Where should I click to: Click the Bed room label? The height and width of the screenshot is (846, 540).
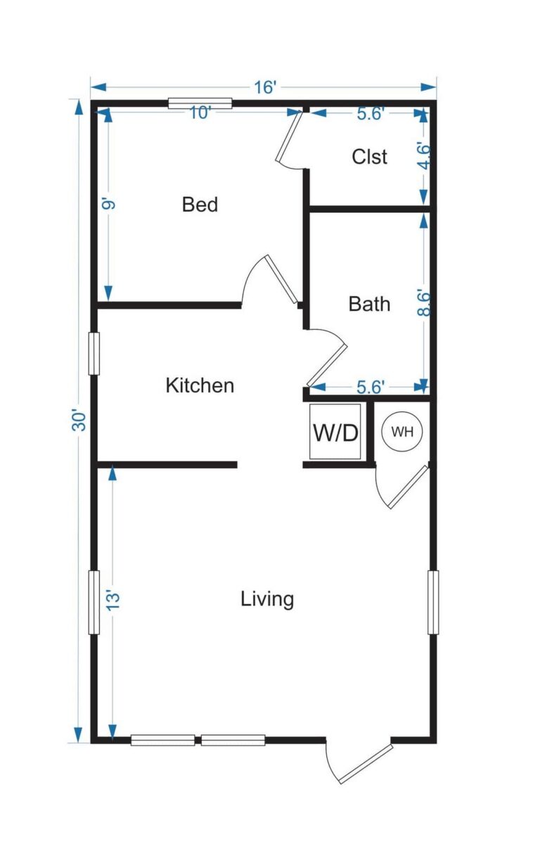coord(200,205)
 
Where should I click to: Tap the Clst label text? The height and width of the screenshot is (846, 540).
coord(369,157)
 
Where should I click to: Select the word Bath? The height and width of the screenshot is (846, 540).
coord(369,305)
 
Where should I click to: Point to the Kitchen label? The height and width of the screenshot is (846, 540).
coord(200,385)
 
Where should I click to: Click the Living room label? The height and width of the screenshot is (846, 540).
coord(267,600)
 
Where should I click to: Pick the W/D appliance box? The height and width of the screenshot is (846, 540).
coord(335,432)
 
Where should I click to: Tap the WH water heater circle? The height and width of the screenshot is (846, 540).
coord(402,432)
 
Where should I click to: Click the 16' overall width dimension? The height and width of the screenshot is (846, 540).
coord(265,87)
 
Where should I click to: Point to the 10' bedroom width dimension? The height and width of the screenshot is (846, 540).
coord(200,113)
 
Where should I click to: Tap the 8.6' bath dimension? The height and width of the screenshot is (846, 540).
coord(423,304)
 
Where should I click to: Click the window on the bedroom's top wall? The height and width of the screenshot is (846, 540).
coord(200,104)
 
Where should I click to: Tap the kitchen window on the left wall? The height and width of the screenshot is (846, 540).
coord(94,353)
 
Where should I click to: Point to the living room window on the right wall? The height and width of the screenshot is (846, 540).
coord(433,602)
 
